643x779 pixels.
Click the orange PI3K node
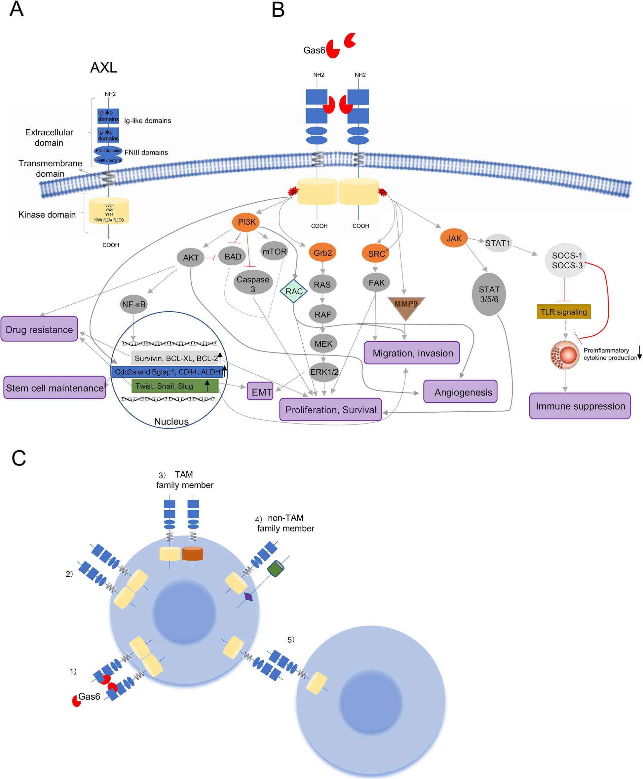coord(246,222)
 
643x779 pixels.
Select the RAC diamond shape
coord(294,291)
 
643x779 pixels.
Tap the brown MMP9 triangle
coord(406,307)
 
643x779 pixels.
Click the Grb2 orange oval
coord(322,253)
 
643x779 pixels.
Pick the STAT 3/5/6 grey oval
coord(489,294)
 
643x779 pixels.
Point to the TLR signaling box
coord(563,312)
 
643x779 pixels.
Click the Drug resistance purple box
coord(39,329)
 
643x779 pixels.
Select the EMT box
coord(260,391)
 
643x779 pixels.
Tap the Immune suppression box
coord(580,406)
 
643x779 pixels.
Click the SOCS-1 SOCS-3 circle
coord(566,260)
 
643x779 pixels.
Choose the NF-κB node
coord(134,304)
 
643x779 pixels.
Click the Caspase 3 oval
coord(253,284)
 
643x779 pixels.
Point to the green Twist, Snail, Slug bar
coord(174,386)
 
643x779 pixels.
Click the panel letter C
coord(19,458)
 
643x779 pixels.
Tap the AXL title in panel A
coord(104,67)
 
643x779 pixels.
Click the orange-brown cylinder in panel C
coord(193,554)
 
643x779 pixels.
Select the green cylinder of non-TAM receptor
coord(276,568)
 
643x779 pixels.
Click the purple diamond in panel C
coord(248,596)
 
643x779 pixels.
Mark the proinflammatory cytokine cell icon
coord(565,355)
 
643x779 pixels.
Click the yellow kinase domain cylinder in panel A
coord(109,211)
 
